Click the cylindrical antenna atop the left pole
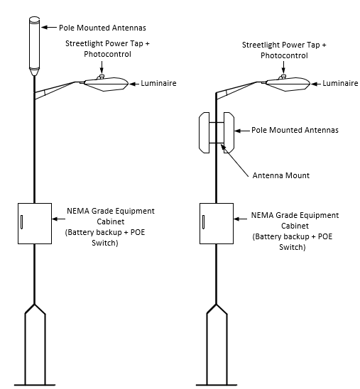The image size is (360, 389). pyautogui.click(x=35, y=46)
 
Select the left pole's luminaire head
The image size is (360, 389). pyautogui.click(x=107, y=84)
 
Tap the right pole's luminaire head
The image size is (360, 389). pyautogui.click(x=288, y=84)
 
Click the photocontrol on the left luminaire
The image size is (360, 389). pyautogui.click(x=102, y=77)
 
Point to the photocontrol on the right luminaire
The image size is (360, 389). pyautogui.click(x=283, y=77)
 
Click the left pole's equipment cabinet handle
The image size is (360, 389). pyautogui.click(x=22, y=221)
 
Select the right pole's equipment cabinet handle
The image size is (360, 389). pyautogui.click(x=204, y=221)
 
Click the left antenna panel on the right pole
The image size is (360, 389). pyautogui.click(x=204, y=133)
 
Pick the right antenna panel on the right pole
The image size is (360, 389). pyautogui.click(x=229, y=133)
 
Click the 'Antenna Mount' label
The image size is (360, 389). pyautogui.click(x=281, y=175)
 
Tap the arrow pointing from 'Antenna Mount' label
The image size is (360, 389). pyautogui.click(x=234, y=160)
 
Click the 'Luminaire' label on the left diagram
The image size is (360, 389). pyautogui.click(x=158, y=83)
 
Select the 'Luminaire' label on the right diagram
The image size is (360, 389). pyautogui.click(x=340, y=83)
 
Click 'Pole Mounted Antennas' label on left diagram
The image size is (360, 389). pyautogui.click(x=102, y=28)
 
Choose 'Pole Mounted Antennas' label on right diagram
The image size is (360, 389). pyautogui.click(x=295, y=130)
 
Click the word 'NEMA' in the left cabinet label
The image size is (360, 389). pyautogui.click(x=78, y=211)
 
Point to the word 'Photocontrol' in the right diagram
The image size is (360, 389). pyautogui.click(x=284, y=55)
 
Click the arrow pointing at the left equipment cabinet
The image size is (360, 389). pyautogui.click(x=58, y=219)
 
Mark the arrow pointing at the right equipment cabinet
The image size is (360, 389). pyautogui.click(x=240, y=219)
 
